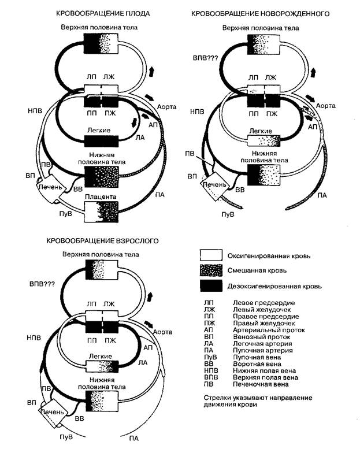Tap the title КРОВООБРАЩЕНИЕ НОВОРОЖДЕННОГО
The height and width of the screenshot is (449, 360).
(x=266, y=13)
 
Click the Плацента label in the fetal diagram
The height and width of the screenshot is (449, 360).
(x=101, y=198)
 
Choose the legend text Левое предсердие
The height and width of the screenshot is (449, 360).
(x=259, y=302)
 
